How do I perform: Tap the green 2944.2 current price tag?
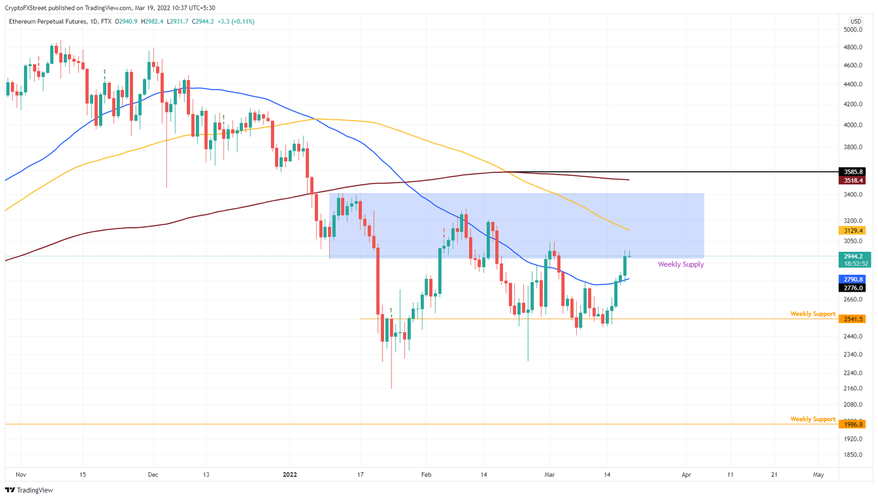[x=853, y=257]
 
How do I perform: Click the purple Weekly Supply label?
[x=680, y=264]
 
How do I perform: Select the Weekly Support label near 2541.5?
[x=812, y=314]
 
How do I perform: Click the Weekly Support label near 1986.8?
[x=812, y=419]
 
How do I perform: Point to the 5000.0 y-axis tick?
[x=852, y=30]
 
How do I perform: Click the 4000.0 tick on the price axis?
[x=852, y=125]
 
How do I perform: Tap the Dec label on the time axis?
[x=153, y=474]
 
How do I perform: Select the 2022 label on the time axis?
[x=290, y=474]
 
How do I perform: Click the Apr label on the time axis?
[x=686, y=474]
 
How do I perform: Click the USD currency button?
[x=856, y=21]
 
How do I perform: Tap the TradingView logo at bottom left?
[x=29, y=490]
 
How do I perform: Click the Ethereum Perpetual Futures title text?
[x=48, y=21]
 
